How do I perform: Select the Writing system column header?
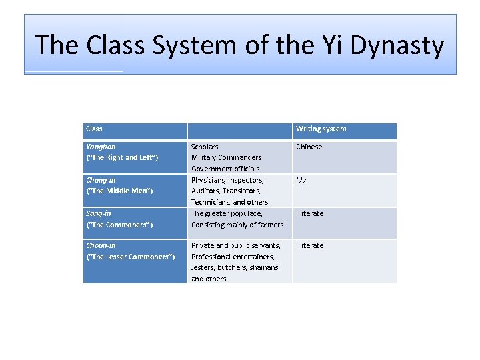(x=321, y=129)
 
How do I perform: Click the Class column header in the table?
(x=94, y=129)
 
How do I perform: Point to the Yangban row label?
(x=101, y=147)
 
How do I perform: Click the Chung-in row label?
(x=101, y=180)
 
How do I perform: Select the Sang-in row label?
(x=99, y=213)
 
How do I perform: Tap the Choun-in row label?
(x=101, y=245)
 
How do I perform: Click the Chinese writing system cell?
(x=309, y=147)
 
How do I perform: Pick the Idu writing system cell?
(x=301, y=180)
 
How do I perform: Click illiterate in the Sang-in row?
(x=309, y=213)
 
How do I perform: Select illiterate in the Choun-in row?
(x=309, y=245)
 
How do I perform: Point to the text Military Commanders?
(x=226, y=158)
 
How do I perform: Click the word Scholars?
(x=205, y=147)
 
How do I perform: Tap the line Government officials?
(x=225, y=169)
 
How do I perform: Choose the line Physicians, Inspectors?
(x=227, y=180)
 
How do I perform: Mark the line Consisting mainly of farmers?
(x=237, y=225)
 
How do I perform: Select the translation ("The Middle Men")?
(x=119, y=191)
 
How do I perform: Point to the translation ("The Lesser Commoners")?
(x=131, y=257)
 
